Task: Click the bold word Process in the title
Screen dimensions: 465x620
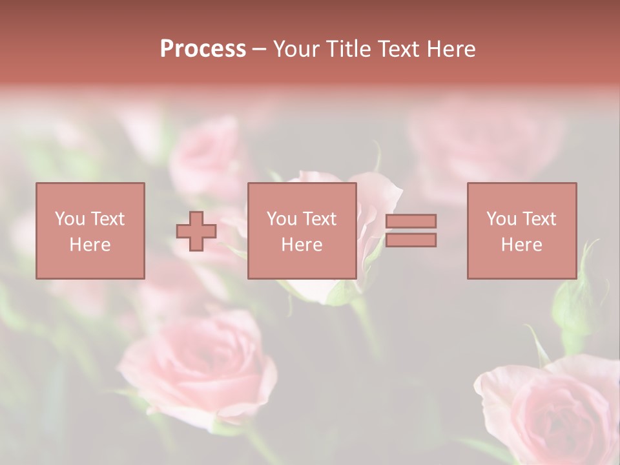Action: pos(203,49)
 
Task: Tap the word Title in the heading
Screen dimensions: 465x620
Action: pos(349,49)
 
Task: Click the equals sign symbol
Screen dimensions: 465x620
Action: pos(411,231)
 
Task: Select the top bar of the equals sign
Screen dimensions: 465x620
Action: pos(411,222)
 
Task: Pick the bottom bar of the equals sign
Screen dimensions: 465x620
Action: pos(411,240)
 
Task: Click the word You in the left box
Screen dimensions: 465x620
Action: pos(70,219)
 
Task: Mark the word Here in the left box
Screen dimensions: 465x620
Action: pos(90,245)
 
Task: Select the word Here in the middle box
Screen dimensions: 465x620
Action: pos(302,245)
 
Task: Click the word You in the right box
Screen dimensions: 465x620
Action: pos(501,219)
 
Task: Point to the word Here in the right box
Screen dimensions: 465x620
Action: pos(521,245)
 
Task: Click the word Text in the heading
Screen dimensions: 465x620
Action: pos(397,49)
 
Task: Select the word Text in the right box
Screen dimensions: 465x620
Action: pos(540,219)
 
